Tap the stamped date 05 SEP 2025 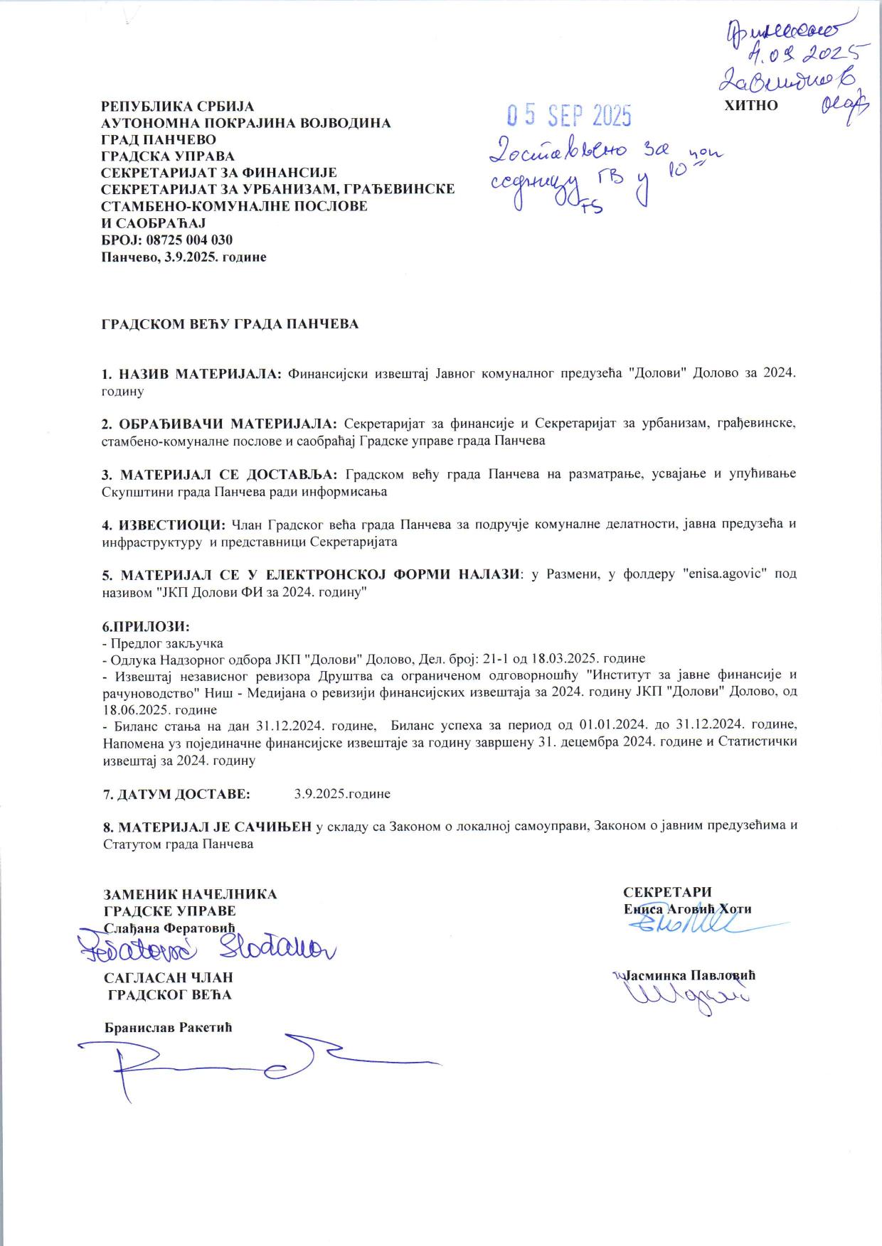click(568, 115)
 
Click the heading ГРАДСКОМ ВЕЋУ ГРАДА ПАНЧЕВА click(230, 324)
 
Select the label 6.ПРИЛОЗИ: click(147, 627)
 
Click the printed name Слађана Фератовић click(169, 928)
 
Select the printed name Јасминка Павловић click(689, 975)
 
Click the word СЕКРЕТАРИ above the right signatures click(667, 893)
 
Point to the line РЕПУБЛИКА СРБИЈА click(177, 107)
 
